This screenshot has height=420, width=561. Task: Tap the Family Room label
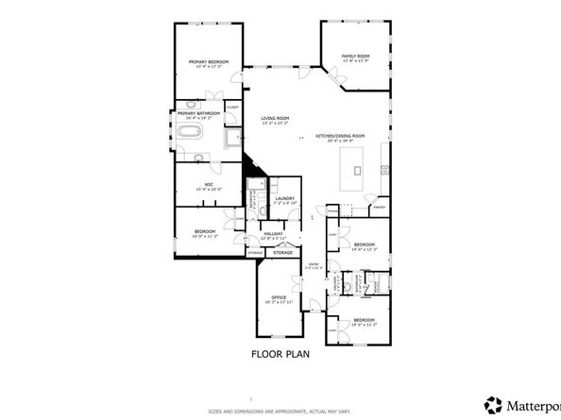355,57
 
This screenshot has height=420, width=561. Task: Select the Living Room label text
275,118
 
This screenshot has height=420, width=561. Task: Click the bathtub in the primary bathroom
192,132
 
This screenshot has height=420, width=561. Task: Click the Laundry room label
285,198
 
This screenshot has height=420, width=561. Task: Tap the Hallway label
274,233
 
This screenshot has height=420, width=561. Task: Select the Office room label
279,297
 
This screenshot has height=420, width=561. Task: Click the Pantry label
380,207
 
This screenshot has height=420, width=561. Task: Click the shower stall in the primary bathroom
231,139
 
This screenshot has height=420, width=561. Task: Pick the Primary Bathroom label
198,113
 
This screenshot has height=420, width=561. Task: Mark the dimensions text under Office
279,303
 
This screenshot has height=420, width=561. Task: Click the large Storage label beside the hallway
283,253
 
